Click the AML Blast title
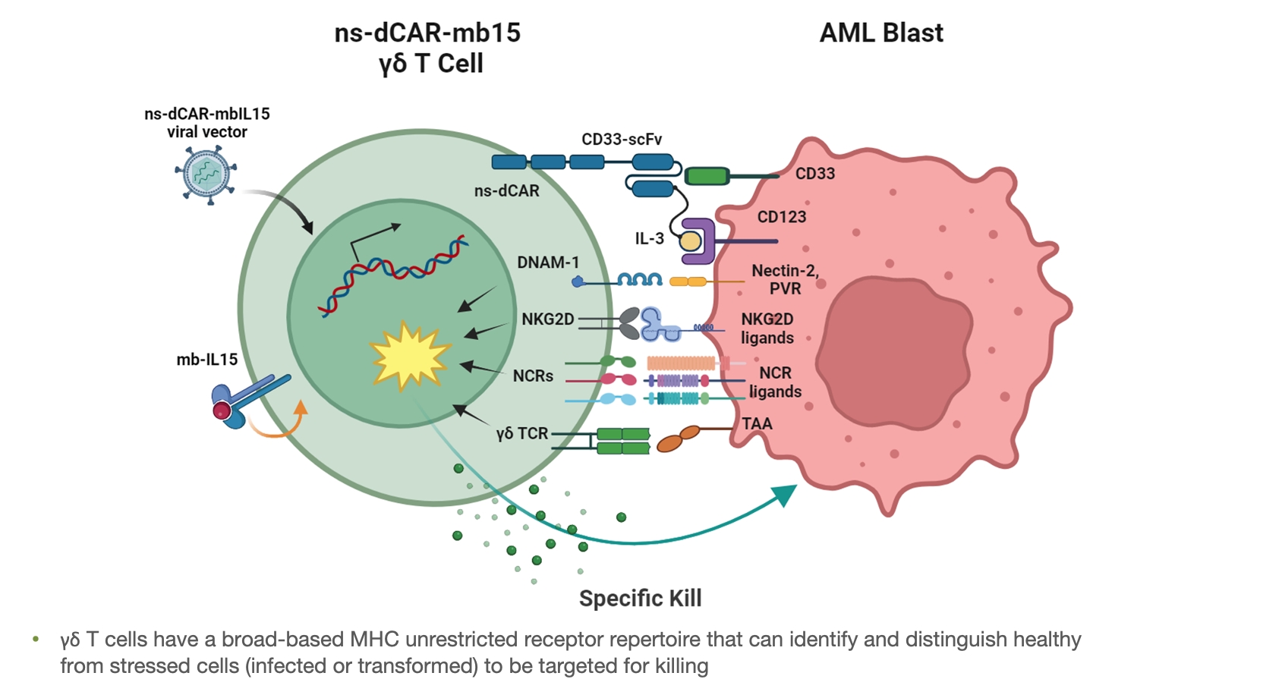(881, 33)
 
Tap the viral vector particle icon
(206, 174)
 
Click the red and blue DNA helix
(393, 272)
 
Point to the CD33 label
(815, 174)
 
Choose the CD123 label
(782, 217)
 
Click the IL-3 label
(649, 239)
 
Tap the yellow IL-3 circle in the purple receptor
(690, 242)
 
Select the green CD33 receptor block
(707, 177)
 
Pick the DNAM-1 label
(548, 263)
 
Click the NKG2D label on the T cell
(547, 319)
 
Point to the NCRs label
(533, 376)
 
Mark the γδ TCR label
(522, 434)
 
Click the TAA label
(757, 424)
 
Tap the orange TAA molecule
(678, 439)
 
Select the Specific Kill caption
(640, 599)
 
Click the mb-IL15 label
(206, 360)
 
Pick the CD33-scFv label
(622, 140)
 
